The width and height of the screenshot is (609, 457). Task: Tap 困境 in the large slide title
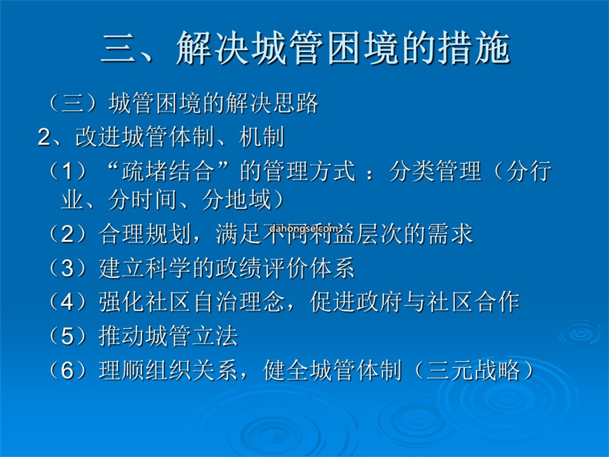coord(363,49)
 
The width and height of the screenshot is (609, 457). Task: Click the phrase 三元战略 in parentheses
coord(474,370)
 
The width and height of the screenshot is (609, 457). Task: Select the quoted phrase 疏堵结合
coord(168,171)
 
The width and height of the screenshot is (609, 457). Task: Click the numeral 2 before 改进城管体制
coord(44,138)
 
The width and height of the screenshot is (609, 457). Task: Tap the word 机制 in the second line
coord(262,137)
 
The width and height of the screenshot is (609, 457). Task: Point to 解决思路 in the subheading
coord(272,103)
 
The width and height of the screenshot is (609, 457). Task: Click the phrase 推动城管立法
coord(168,336)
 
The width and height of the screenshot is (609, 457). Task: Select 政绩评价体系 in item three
coord(285,268)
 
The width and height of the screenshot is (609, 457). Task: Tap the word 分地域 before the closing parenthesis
coord(236,200)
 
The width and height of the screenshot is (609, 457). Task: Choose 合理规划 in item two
coord(144,234)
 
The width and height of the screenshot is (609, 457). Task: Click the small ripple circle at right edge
coord(581,333)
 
